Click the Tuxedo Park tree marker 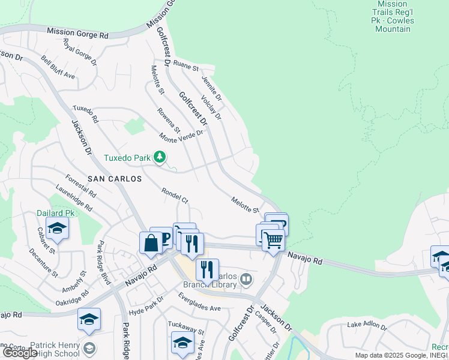[x=159, y=157]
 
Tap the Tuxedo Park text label [x=127, y=158]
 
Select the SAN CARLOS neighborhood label [x=115, y=179]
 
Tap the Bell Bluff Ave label [x=58, y=68]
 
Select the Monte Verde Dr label [x=181, y=134]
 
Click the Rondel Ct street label [x=175, y=195]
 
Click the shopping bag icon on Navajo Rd [x=150, y=244]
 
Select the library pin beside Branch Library [x=246, y=279]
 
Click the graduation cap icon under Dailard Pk [x=58, y=229]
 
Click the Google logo [x=20, y=353]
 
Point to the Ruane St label [x=185, y=65]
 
